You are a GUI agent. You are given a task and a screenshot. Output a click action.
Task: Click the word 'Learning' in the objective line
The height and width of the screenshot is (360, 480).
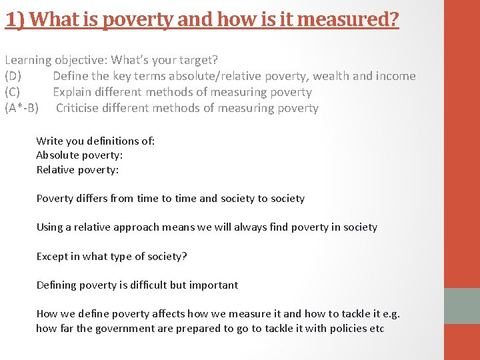[x=27, y=60]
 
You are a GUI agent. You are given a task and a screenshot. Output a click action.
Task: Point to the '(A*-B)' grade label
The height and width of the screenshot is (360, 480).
[x=21, y=108]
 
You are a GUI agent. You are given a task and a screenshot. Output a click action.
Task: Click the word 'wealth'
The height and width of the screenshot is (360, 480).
[x=331, y=76]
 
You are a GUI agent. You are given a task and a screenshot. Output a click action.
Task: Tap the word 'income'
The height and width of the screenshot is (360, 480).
[x=396, y=76]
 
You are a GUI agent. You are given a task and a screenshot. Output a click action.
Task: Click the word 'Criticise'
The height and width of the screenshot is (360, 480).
[x=82, y=108]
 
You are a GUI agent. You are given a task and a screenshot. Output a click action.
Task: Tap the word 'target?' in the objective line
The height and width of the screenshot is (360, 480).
[x=199, y=60]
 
